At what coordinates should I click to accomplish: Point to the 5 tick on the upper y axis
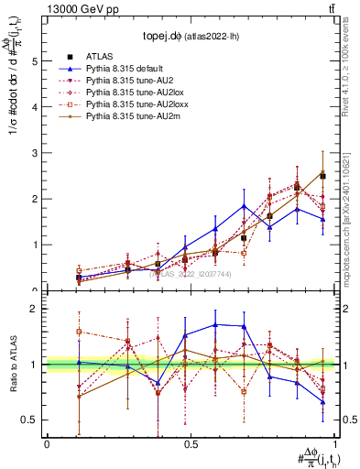click(35, 61)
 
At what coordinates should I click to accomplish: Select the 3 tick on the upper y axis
click(35, 153)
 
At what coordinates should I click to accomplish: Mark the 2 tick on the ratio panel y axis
click(35, 309)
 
